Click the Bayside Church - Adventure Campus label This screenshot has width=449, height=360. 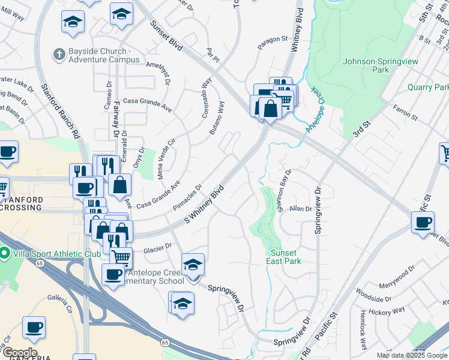pos(104,56)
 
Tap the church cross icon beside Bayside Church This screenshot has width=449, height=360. pos(59,55)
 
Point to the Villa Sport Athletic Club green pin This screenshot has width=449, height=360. pos(5,253)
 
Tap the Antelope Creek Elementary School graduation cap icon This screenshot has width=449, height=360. pos(193,265)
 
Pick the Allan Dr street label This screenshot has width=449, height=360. pos(301,209)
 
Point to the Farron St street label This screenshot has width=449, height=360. pos(405,110)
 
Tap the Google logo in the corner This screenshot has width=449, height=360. pos(19,353)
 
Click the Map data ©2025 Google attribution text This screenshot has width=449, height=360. pos(412,355)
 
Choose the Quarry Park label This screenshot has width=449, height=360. pos(428,87)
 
